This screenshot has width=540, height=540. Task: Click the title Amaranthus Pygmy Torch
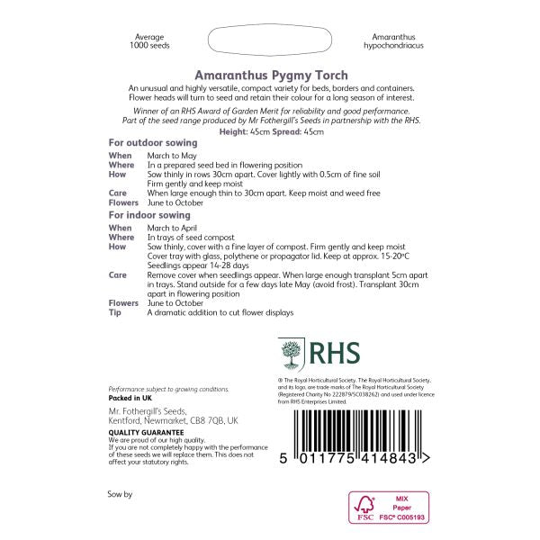(272, 76)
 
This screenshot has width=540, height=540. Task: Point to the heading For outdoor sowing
(153, 142)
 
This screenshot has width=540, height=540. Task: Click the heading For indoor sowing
(149, 215)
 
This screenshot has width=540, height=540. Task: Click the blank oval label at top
(270, 41)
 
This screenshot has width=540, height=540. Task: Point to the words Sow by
(120, 495)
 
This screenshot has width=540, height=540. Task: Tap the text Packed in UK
(131, 397)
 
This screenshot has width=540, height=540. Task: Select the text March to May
(171, 156)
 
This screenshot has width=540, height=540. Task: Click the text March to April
(173, 229)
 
